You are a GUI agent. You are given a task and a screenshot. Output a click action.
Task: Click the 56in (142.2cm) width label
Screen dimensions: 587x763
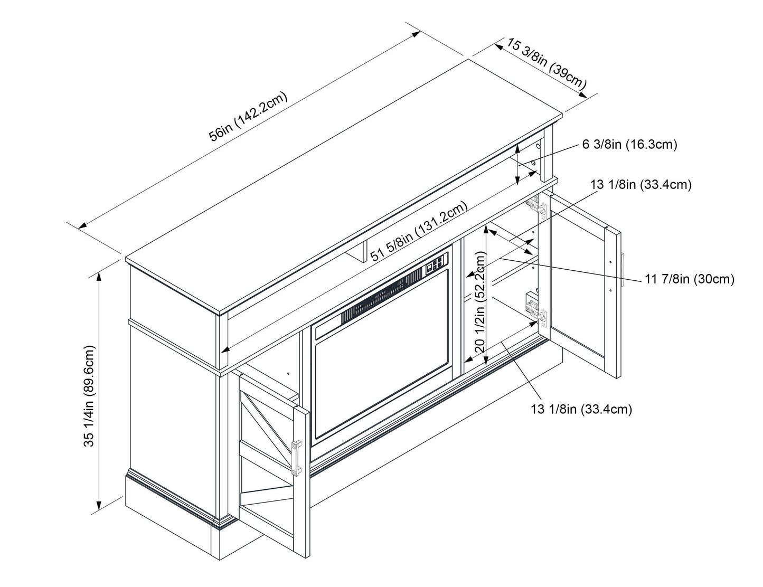click(248, 117)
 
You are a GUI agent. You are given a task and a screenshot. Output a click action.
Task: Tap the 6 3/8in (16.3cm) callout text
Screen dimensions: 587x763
click(629, 144)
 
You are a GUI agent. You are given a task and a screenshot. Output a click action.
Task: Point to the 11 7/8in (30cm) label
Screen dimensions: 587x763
click(690, 279)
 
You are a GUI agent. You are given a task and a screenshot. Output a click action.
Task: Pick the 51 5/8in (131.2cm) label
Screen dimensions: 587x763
click(419, 231)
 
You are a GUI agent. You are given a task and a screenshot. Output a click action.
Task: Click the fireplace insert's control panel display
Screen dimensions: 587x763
click(437, 263)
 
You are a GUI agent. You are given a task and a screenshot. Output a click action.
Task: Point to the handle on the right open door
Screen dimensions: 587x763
click(624, 270)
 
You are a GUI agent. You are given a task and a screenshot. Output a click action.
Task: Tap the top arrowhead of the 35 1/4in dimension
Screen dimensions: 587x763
click(98, 277)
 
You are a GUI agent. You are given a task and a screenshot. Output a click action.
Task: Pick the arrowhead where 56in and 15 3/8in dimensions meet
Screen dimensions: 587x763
click(417, 33)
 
